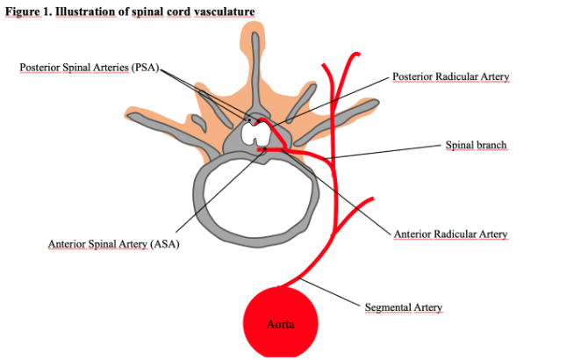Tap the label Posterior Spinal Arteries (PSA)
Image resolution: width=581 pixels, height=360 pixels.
[x=89, y=68]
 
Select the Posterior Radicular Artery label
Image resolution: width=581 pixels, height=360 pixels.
[x=450, y=77]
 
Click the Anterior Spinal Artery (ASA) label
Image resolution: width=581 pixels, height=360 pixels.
[x=113, y=243]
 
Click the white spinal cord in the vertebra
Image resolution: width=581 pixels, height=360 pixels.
[x=256, y=133]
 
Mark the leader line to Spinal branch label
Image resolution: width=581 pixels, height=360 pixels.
[x=386, y=151]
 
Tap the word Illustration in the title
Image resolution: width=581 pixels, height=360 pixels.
[x=86, y=11]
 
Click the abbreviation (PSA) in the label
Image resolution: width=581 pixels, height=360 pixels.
[x=143, y=68]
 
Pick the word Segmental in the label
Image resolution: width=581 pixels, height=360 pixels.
[x=387, y=307]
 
